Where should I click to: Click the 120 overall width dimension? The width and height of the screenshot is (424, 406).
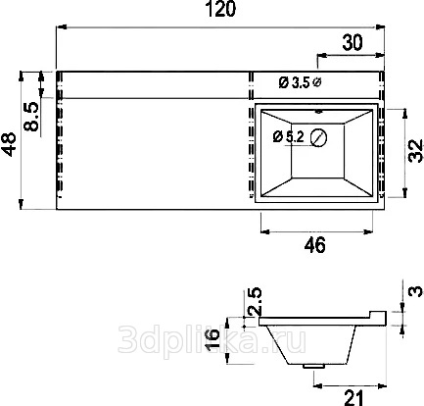[x=220, y=9]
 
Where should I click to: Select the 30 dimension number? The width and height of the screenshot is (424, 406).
[x=353, y=42]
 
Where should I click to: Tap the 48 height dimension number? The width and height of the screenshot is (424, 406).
[x=9, y=144]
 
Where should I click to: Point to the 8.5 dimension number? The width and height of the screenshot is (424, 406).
[x=31, y=117]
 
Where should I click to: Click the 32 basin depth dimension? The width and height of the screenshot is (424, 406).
[x=415, y=151]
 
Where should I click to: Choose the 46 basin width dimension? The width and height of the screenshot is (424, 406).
[x=315, y=245]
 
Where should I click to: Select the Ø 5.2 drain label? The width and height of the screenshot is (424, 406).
[x=289, y=137]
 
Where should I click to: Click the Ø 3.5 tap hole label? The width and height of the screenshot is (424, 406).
[x=294, y=82]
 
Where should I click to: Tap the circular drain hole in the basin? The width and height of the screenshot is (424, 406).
[x=318, y=138]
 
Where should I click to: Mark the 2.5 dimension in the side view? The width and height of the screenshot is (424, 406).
[x=255, y=301]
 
